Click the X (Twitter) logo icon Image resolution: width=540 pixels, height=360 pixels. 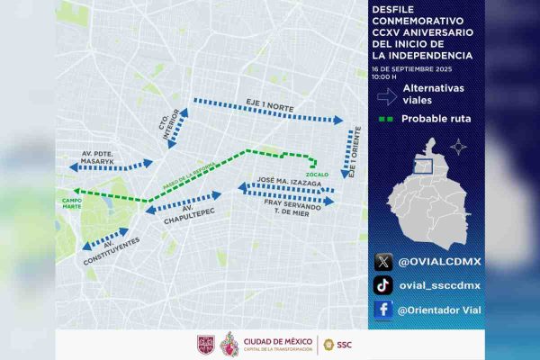[383, 262]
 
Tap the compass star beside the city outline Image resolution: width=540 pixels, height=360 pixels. [459, 147]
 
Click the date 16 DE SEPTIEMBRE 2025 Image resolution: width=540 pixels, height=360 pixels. [413, 68]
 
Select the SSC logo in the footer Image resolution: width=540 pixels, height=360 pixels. [337, 344]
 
